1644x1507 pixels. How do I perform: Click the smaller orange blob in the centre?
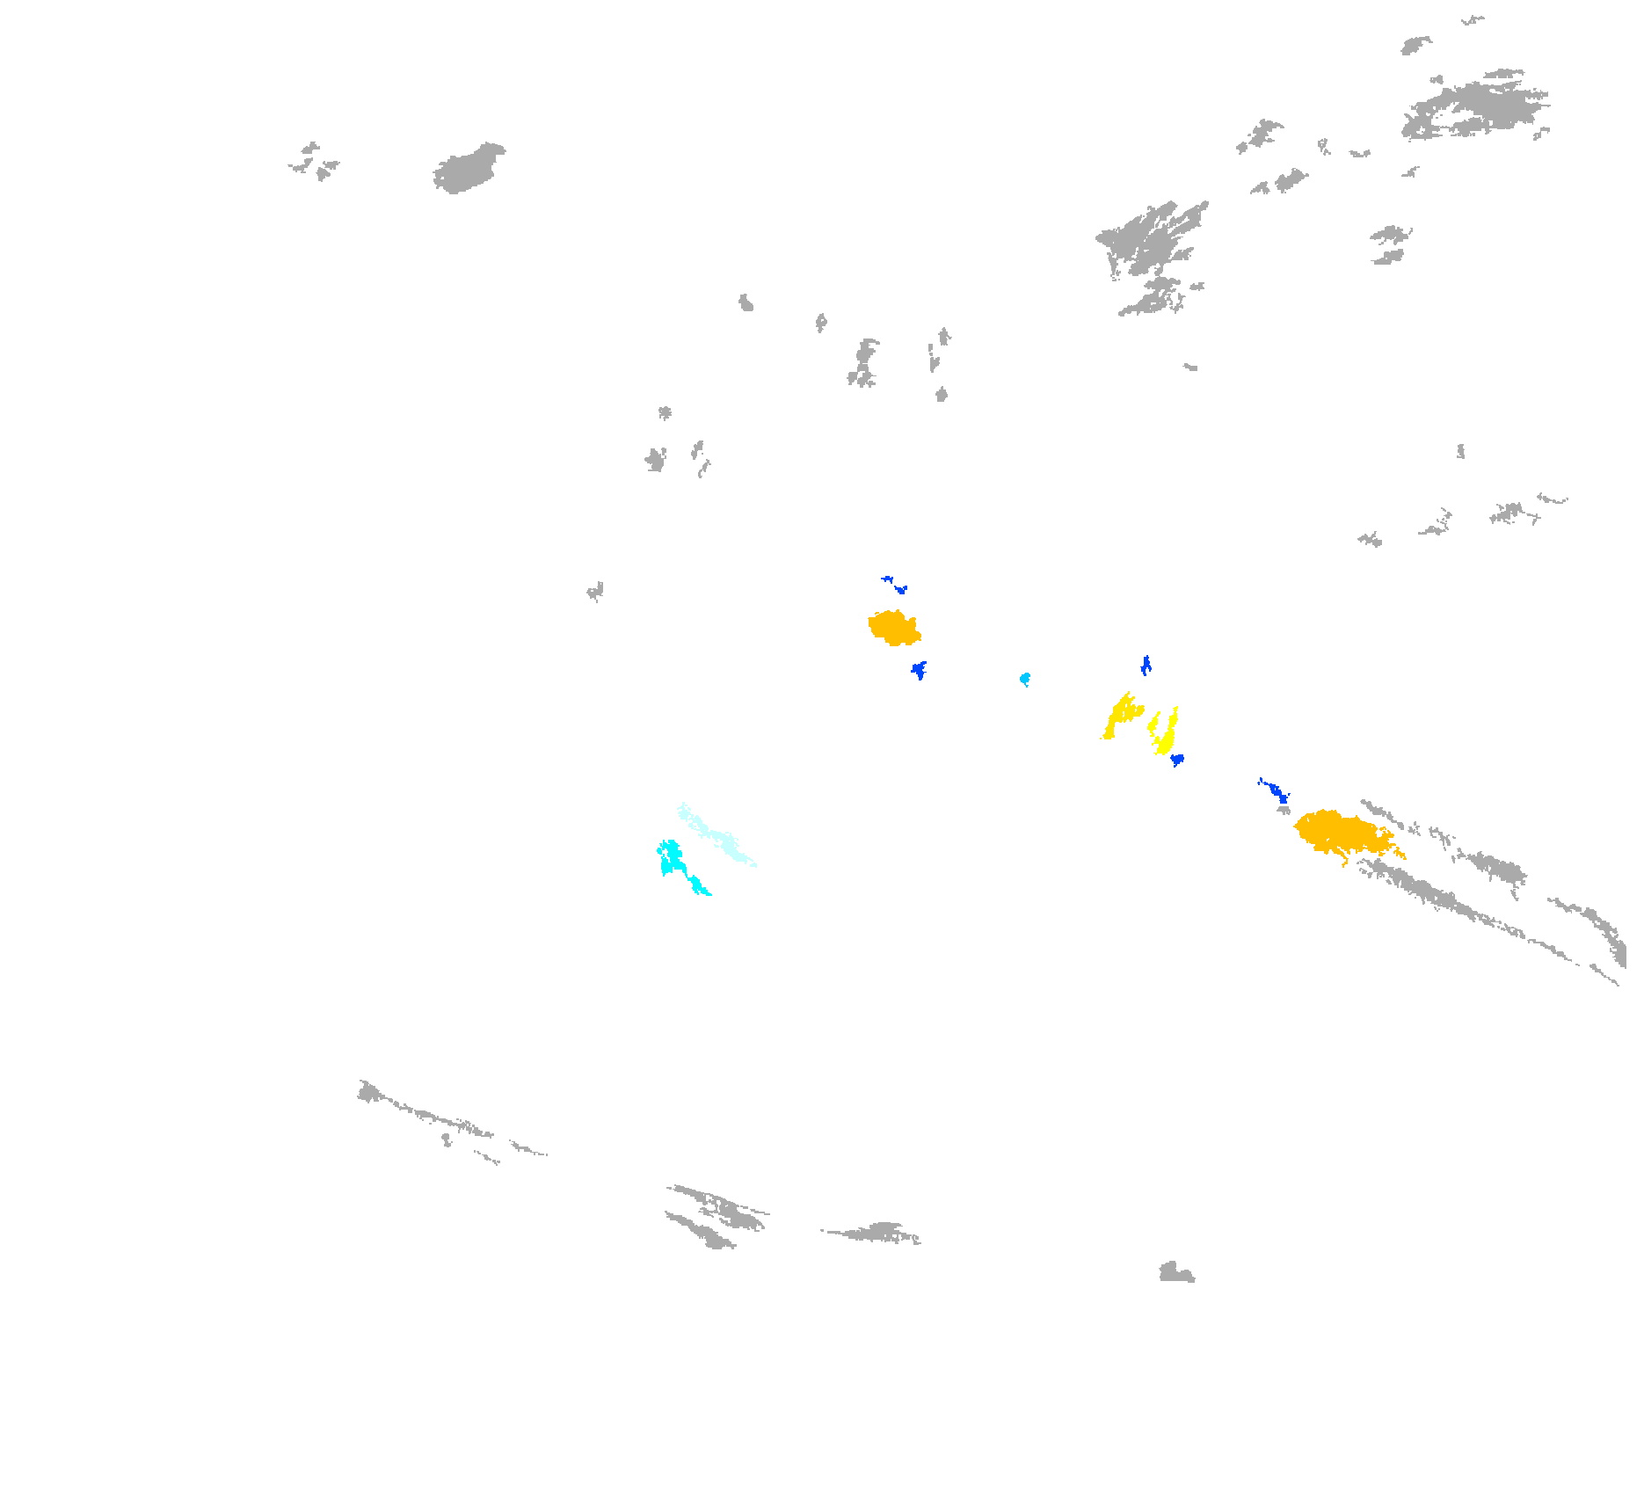894,628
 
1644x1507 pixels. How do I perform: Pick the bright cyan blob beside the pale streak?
673,858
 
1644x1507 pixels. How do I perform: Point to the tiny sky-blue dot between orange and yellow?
1025,679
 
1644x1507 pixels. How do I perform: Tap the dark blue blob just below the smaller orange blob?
919,670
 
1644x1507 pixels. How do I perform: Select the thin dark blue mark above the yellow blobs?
1146,666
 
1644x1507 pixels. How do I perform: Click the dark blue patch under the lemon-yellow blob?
1177,759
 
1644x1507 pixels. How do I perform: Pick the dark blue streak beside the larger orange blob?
1276,791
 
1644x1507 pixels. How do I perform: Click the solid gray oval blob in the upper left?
469,168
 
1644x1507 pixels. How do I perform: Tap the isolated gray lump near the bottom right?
1175,1273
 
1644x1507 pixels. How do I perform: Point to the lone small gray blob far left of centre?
595,591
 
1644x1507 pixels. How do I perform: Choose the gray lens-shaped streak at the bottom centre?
875,1232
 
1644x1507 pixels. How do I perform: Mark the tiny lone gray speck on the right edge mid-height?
1460,452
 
